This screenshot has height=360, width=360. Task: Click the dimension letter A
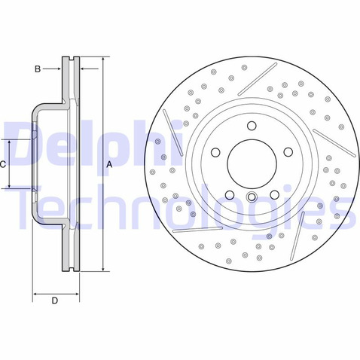coord(109,165)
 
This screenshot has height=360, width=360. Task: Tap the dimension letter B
coord(38,69)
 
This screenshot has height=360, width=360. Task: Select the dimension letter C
coord(2,165)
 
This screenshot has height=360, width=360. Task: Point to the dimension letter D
coord(55,301)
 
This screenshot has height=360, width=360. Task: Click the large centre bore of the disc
coord(252,163)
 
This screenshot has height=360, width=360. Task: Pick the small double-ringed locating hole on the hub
coord(252,197)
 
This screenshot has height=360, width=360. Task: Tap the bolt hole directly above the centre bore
coord(252,126)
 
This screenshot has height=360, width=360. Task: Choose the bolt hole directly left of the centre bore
coord(215,152)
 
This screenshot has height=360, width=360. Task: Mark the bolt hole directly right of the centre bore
coord(288,152)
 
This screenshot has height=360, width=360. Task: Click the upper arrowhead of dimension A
coord(103,60)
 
